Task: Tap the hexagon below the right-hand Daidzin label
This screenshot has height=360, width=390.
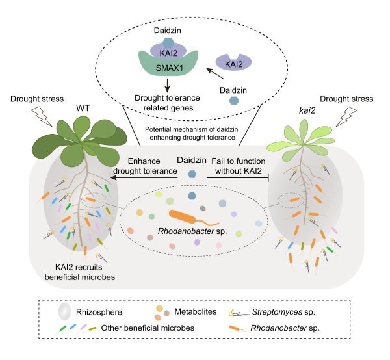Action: (234, 101)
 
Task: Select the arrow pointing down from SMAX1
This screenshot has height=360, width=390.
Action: (168, 86)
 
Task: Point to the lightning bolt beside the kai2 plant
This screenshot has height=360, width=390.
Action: (346, 117)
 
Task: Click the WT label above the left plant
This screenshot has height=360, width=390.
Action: (83, 109)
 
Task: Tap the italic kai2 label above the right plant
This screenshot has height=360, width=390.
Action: (307, 110)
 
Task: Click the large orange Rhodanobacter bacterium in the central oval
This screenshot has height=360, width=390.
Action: (182, 216)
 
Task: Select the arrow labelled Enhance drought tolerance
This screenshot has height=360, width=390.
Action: (144, 177)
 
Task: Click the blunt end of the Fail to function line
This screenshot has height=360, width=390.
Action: (268, 177)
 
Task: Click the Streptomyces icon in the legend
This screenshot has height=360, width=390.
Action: (239, 313)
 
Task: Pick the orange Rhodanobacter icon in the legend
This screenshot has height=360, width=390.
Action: (239, 328)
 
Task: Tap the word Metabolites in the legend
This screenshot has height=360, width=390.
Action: (195, 311)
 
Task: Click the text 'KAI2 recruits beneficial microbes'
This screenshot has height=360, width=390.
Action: (79, 272)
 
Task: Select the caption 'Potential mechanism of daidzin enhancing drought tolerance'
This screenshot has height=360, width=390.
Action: (192, 133)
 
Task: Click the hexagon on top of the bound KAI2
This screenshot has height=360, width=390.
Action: (168, 43)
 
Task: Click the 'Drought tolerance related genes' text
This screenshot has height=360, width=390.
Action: (168, 103)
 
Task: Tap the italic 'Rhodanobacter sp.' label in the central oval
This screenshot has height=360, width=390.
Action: (192, 231)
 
